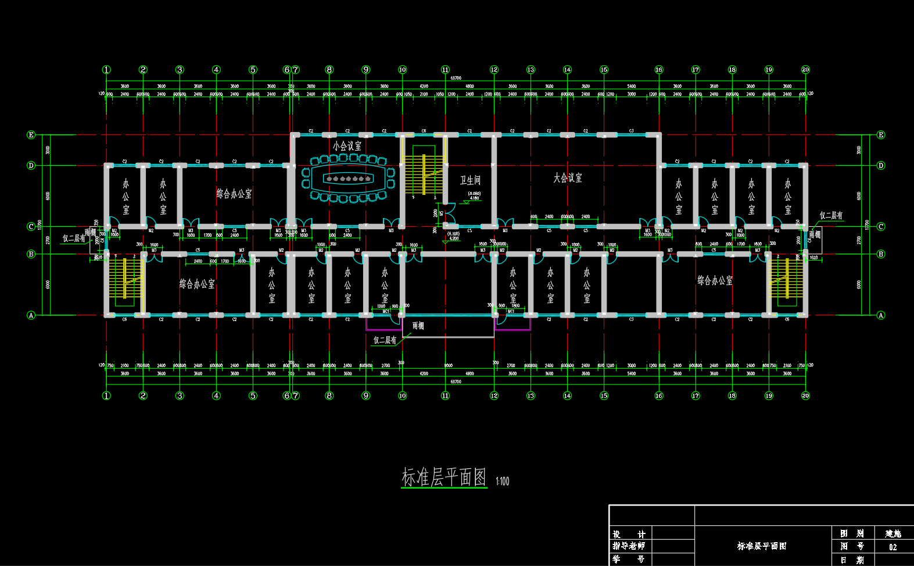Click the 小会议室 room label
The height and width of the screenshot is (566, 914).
point(347,145)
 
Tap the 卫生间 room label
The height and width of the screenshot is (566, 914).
point(470,180)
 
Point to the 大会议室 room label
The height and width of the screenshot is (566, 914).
point(567,178)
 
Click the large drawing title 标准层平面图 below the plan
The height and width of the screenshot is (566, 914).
point(444,478)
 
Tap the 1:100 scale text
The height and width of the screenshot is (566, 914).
point(502,481)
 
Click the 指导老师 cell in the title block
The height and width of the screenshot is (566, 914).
point(629,546)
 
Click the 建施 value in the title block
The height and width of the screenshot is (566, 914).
point(893,533)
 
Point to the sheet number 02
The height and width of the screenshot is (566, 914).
point(893,547)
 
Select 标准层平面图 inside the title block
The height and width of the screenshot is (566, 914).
point(761,546)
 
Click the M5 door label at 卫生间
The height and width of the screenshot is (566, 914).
point(442,213)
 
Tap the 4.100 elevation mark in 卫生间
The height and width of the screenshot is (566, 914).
point(474,198)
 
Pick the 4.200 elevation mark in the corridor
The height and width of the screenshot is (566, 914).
point(453,238)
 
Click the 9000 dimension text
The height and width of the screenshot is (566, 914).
point(448,365)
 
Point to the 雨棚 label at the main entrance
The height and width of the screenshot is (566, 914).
point(418,326)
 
